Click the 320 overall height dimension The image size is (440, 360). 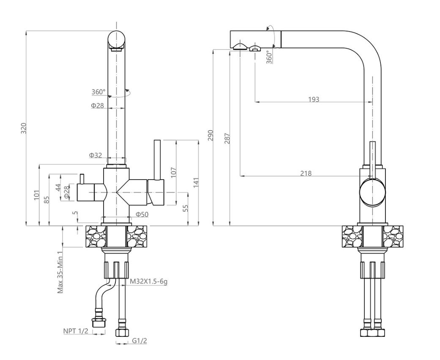[x=24, y=128]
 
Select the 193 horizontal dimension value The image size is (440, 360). [x=314, y=100]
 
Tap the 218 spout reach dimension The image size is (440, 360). [x=306, y=173]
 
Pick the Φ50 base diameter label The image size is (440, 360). [x=142, y=215]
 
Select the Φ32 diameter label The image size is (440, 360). [x=96, y=155]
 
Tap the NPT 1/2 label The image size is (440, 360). [x=76, y=331]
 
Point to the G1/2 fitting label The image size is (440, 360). [x=139, y=341]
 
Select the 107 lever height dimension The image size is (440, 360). [x=173, y=172]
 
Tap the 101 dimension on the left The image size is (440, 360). [x=37, y=195]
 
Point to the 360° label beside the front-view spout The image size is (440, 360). [x=98, y=92]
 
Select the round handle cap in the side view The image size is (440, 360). [x=372, y=191]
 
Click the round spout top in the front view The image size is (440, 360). [x=117, y=40]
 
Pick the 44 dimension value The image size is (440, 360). [x=59, y=187]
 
